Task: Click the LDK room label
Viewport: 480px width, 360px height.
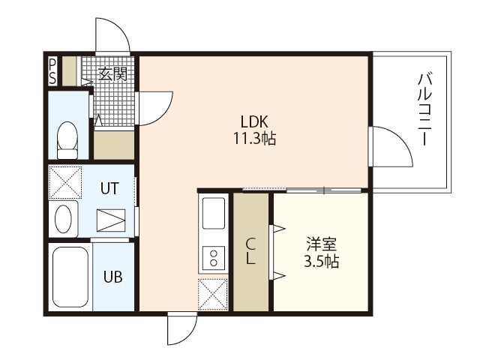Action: (x=254, y=121)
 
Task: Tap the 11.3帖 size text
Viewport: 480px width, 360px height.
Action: (x=255, y=138)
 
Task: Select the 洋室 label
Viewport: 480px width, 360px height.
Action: (x=322, y=244)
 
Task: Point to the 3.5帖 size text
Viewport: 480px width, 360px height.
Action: (x=322, y=262)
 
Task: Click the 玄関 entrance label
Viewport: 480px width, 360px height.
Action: (x=112, y=73)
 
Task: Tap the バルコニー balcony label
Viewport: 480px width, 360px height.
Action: (x=424, y=109)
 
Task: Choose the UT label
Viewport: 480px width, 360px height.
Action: (x=109, y=188)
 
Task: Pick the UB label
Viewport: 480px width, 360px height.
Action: (x=112, y=277)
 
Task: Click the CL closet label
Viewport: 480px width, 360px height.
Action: (x=250, y=252)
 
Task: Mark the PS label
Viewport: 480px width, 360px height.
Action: (x=52, y=71)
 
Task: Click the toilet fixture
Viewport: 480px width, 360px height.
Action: (x=67, y=140)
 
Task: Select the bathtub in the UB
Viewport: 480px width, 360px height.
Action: (x=70, y=277)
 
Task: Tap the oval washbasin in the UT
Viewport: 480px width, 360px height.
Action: (x=63, y=219)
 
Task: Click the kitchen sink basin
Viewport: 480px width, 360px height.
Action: (x=214, y=213)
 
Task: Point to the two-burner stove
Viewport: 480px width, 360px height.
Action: (x=214, y=258)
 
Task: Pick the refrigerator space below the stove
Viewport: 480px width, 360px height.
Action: (x=213, y=294)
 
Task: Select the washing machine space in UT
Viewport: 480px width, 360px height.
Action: (x=65, y=182)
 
